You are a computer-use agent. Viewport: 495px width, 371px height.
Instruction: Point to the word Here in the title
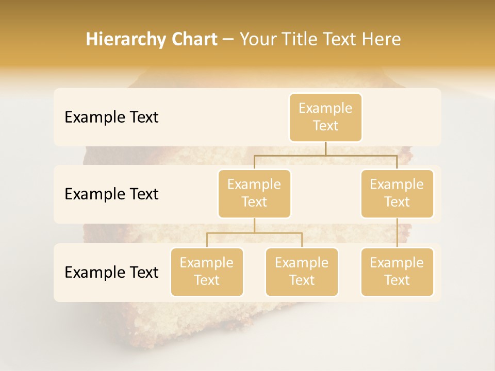[381, 40]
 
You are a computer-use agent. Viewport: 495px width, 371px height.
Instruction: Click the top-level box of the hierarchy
[325, 117]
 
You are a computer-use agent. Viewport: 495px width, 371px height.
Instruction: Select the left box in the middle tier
[254, 193]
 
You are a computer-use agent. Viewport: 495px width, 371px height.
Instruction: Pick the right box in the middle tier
[397, 193]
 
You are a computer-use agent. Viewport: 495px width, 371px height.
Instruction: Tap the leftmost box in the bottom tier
[207, 272]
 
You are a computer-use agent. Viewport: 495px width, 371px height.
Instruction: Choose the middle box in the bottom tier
[302, 272]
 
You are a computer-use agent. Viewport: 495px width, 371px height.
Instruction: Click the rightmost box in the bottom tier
[397, 272]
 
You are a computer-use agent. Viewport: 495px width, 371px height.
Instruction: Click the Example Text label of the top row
[111, 117]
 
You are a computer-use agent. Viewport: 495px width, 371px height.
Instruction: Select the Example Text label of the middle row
[111, 194]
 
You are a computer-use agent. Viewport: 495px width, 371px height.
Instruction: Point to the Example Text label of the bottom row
[111, 272]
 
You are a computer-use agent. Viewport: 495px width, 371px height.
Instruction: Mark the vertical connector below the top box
[325, 148]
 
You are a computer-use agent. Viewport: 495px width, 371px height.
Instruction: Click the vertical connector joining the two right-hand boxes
[397, 232]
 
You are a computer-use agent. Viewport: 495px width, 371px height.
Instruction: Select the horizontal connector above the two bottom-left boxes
[254, 233]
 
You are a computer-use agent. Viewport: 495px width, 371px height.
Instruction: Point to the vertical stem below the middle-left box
[254, 225]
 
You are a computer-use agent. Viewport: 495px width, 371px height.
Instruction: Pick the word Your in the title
[256, 40]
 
